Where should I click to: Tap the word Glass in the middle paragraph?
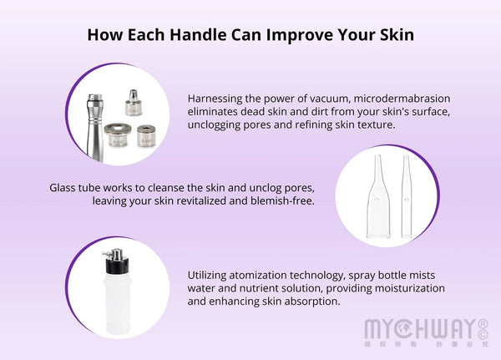coord(66,188)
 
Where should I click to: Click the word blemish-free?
coord(284,201)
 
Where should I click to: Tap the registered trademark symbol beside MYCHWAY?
coord(482,322)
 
